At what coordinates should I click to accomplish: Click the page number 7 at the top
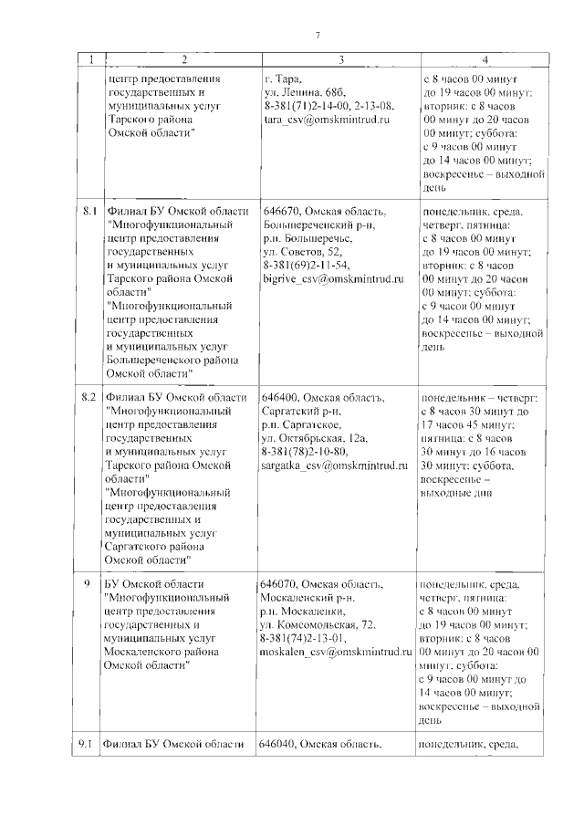318,35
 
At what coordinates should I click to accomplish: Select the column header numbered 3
339,60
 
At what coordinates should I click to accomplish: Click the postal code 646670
280,212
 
